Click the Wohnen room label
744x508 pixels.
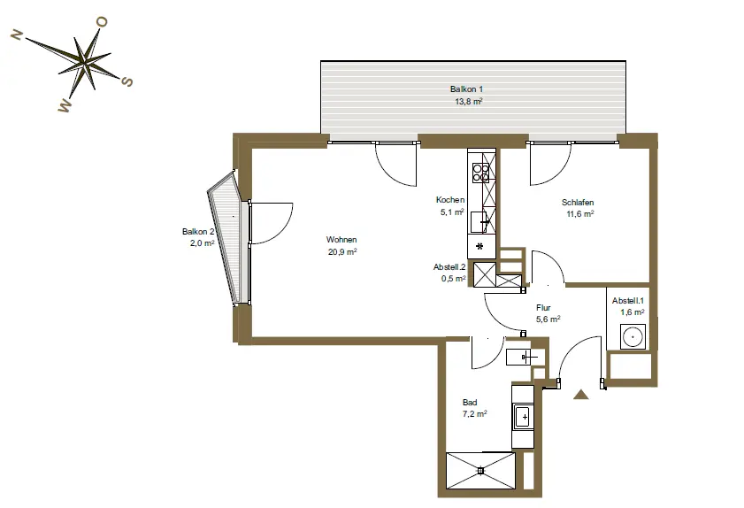click(x=341, y=240)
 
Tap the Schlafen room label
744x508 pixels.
click(x=578, y=203)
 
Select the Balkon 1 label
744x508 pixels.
click(x=466, y=89)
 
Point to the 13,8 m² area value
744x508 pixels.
click(x=468, y=101)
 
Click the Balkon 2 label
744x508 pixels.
click(x=198, y=232)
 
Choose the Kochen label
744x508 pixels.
click(x=449, y=200)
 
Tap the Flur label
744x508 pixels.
click(x=543, y=308)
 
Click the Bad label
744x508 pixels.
click(x=470, y=402)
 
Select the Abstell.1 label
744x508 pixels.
click(x=628, y=301)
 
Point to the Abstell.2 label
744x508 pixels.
click(x=449, y=266)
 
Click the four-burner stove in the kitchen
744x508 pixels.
click(x=480, y=173)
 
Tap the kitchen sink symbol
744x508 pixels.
click(x=479, y=222)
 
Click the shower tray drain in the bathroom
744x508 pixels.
click(x=480, y=471)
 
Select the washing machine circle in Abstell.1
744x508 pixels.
click(x=633, y=337)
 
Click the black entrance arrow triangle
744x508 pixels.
click(x=580, y=395)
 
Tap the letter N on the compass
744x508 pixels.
click(x=17, y=35)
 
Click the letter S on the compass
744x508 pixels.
click(x=127, y=81)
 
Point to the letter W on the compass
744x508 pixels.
click(x=65, y=106)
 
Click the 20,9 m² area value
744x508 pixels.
click(x=342, y=251)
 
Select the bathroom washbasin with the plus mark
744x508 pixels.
click(x=523, y=418)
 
